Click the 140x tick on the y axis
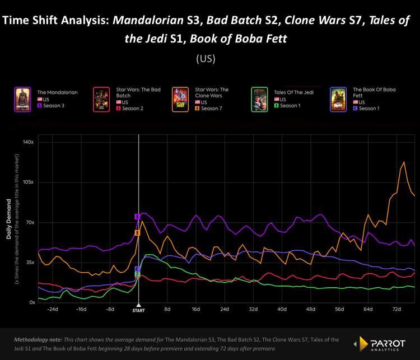[27, 142]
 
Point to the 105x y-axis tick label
[27, 183]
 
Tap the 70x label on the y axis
[29, 222]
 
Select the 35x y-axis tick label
[29, 262]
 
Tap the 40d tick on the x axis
[282, 308]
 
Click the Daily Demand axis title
[9, 219]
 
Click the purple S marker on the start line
[137, 217]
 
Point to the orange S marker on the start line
[137, 232]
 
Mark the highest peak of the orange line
[403, 162]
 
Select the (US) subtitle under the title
[210, 58]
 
